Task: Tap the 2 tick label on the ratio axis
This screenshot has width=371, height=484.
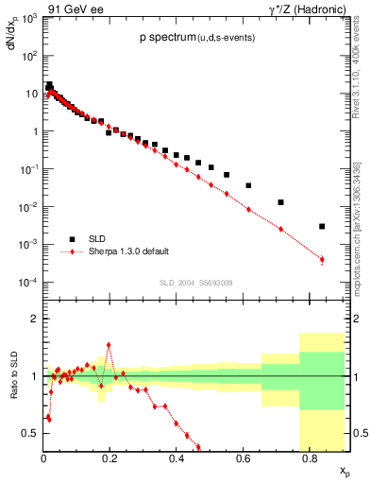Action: click(35, 319)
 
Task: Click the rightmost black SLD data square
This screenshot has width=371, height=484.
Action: click(322, 226)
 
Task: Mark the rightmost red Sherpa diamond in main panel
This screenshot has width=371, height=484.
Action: click(322, 259)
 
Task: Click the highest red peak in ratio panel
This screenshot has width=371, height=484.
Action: click(109, 345)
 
